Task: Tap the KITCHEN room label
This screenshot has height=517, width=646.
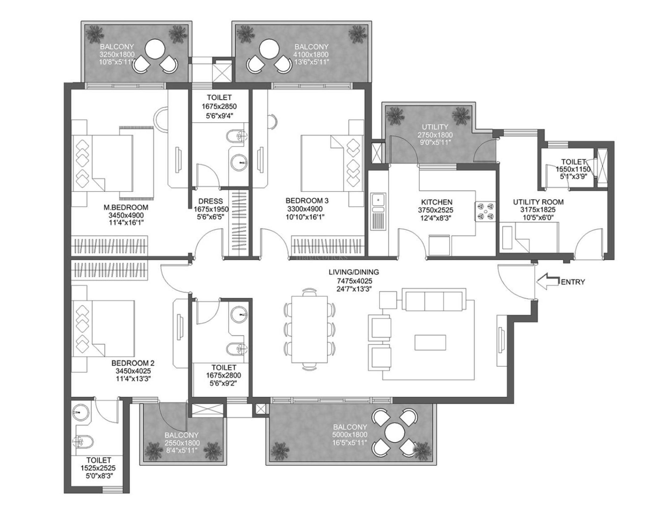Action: pyautogui.click(x=436, y=202)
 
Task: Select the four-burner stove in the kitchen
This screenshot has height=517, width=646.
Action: pyautogui.click(x=485, y=211)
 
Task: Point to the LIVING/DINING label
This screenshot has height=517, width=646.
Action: pyautogui.click(x=354, y=272)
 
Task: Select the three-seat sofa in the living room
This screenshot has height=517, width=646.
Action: pyautogui.click(x=434, y=300)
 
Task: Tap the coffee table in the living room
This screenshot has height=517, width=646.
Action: pyautogui.click(x=430, y=342)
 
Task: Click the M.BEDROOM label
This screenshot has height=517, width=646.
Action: pyautogui.click(x=126, y=207)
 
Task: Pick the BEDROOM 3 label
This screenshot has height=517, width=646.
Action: pyautogui.click(x=307, y=200)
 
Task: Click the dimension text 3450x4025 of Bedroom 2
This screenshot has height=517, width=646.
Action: pyautogui.click(x=133, y=371)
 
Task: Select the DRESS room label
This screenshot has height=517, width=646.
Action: pyautogui.click(x=210, y=201)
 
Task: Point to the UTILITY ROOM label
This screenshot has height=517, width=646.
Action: pyautogui.click(x=538, y=202)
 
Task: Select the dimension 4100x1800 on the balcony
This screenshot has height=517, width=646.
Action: pyautogui.click(x=311, y=55)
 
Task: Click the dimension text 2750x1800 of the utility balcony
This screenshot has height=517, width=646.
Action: pyautogui.click(x=435, y=135)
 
